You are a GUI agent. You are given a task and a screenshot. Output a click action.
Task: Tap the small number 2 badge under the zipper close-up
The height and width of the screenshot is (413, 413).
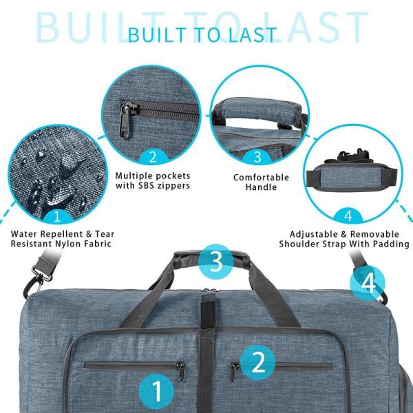[153, 157]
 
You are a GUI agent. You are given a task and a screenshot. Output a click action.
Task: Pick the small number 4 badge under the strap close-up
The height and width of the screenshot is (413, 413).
[348, 215]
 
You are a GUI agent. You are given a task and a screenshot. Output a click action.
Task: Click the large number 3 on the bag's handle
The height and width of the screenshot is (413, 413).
[215, 262]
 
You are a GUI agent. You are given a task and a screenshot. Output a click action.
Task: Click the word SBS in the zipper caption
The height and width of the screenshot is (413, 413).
[144, 186]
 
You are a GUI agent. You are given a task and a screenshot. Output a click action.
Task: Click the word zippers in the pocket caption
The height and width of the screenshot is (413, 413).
[172, 186]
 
